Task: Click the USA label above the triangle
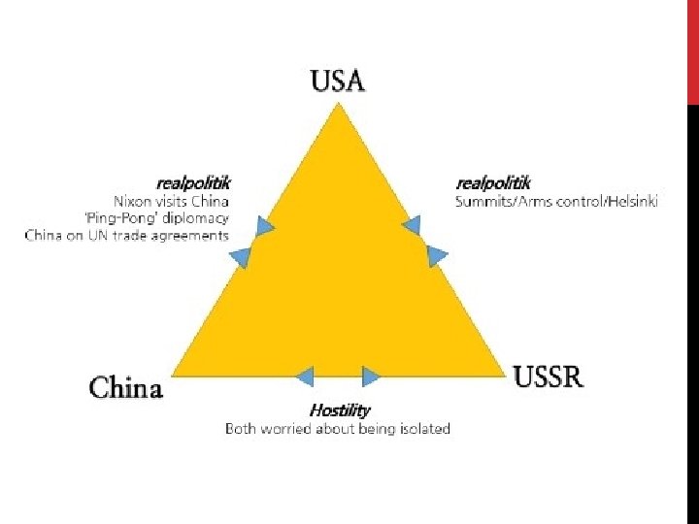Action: pos(338,80)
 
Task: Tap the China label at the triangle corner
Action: pos(126,389)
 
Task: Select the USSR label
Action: pos(549,377)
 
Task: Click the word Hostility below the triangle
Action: pos(340,410)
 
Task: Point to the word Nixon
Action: pos(132,201)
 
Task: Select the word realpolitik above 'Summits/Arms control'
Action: pos(493,182)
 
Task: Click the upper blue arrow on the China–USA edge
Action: pos(264,226)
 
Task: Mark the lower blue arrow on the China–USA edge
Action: pos(240,257)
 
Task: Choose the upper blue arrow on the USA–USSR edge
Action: pos(412,225)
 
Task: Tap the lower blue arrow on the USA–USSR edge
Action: pos(437,256)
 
